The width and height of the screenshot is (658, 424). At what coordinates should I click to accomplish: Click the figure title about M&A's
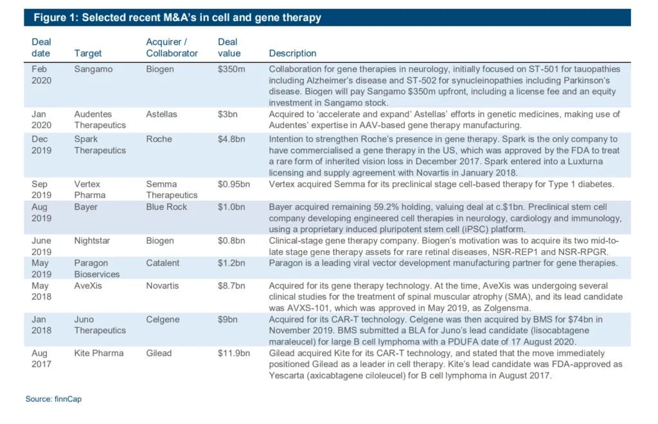(177, 17)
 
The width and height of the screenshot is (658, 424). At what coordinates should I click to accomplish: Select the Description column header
(292, 53)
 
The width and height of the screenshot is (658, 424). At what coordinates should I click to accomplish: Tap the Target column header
(88, 53)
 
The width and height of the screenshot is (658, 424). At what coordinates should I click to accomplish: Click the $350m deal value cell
(231, 69)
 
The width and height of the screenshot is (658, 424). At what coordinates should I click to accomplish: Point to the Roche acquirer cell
(159, 138)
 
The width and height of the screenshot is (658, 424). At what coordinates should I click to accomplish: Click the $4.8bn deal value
(233, 138)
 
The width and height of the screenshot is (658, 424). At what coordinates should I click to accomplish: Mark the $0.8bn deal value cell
(233, 241)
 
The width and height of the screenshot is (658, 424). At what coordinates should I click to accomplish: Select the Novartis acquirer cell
(163, 285)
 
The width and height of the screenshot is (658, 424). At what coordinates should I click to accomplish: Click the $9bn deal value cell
(228, 319)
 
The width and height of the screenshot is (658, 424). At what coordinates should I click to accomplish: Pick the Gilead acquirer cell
(160, 353)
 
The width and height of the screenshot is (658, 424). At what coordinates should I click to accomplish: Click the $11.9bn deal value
(235, 353)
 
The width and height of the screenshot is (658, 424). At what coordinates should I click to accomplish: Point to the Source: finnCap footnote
(53, 399)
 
